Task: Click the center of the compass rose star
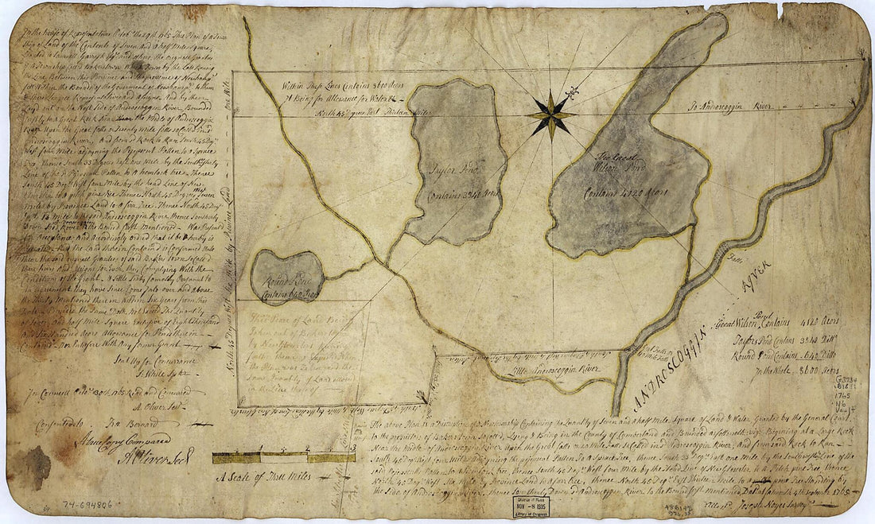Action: click(x=550, y=115)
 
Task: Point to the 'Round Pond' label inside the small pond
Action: click(x=286, y=269)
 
